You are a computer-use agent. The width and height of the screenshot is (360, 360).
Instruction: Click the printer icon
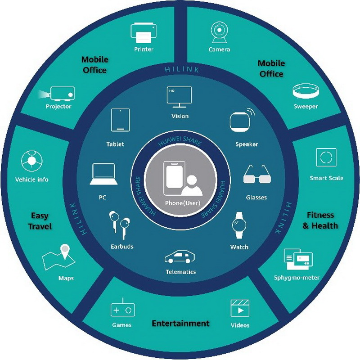point(144,33)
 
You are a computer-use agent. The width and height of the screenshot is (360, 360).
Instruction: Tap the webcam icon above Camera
point(219,32)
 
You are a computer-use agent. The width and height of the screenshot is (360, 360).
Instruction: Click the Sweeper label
point(306,106)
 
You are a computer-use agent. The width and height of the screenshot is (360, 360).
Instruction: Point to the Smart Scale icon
point(326,157)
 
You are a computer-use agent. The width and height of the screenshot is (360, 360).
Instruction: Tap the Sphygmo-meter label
point(297,278)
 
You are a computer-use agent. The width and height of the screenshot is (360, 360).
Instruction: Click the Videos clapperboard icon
point(240,308)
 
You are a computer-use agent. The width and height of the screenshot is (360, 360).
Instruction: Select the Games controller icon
point(122,307)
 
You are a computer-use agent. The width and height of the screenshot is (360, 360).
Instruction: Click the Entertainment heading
point(181,323)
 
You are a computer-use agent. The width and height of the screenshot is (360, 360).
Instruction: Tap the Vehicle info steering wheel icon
point(31,161)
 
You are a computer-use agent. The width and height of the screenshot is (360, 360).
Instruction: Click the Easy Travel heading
point(40,221)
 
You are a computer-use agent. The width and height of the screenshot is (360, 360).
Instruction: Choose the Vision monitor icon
point(179,97)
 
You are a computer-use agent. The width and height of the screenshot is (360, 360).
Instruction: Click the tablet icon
point(120,120)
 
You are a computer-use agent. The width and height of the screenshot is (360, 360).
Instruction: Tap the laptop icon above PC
point(103,174)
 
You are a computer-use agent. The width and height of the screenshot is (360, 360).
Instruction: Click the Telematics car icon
point(180,256)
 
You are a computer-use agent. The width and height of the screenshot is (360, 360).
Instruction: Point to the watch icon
point(239,225)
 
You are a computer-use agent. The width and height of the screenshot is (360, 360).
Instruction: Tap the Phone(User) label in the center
point(183,203)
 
